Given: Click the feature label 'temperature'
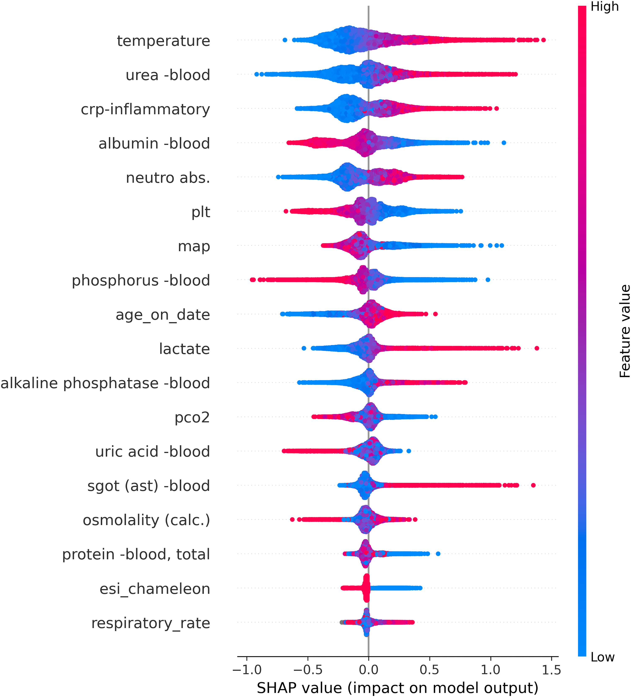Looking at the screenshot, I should [x=163, y=41].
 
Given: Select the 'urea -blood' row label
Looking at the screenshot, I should [x=168, y=75].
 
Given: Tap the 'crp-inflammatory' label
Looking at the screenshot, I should [x=145, y=109].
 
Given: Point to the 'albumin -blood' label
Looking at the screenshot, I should [x=154, y=143].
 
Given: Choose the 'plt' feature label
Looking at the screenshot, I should [x=201, y=212].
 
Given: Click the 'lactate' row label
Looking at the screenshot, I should [x=184, y=349].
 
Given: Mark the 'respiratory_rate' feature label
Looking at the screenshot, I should [x=150, y=623].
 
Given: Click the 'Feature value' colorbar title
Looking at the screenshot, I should [x=625, y=331].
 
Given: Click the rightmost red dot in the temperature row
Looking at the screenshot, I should [x=544, y=40].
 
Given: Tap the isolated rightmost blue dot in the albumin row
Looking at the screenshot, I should [x=504, y=143].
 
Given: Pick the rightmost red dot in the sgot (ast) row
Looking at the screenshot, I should [x=533, y=485].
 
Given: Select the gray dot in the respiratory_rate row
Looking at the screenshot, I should [x=342, y=622].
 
